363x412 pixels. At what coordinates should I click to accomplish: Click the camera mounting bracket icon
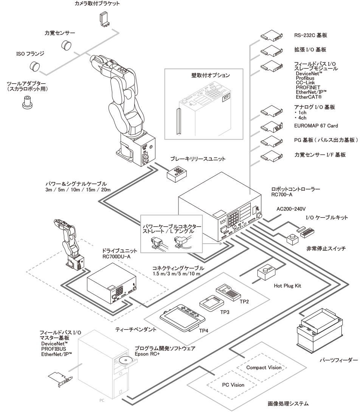tap(104, 19)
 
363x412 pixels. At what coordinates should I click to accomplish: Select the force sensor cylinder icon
tap(67, 46)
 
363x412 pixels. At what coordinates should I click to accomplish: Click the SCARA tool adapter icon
tap(26, 102)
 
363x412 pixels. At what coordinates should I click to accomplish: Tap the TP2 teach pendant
tap(228, 291)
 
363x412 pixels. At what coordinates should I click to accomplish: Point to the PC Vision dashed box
tap(232, 384)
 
